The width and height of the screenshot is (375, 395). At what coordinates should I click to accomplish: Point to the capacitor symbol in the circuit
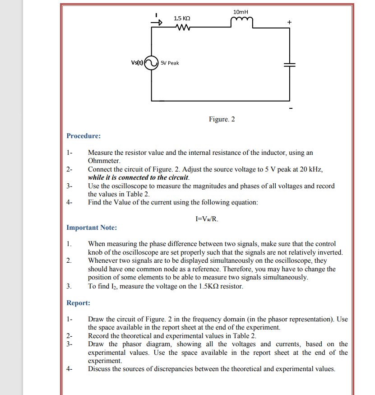pos(289,64)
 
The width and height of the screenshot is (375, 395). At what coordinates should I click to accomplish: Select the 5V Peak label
pos(170,63)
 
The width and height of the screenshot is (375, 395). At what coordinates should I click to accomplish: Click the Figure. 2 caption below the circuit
pos(222,119)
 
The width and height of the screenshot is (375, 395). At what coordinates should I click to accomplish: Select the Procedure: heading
pos(83,136)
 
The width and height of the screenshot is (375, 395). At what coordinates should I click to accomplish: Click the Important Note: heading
pos(92,228)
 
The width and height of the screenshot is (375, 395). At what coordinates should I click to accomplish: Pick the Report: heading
pos(78,303)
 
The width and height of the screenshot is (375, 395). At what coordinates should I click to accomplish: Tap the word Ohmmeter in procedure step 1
pos(104,160)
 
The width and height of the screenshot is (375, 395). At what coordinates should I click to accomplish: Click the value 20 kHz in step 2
pos(312,169)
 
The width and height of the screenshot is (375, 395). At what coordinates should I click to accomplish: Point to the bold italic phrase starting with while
pos(138,177)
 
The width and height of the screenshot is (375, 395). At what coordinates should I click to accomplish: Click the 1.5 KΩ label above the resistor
pos(182,18)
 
